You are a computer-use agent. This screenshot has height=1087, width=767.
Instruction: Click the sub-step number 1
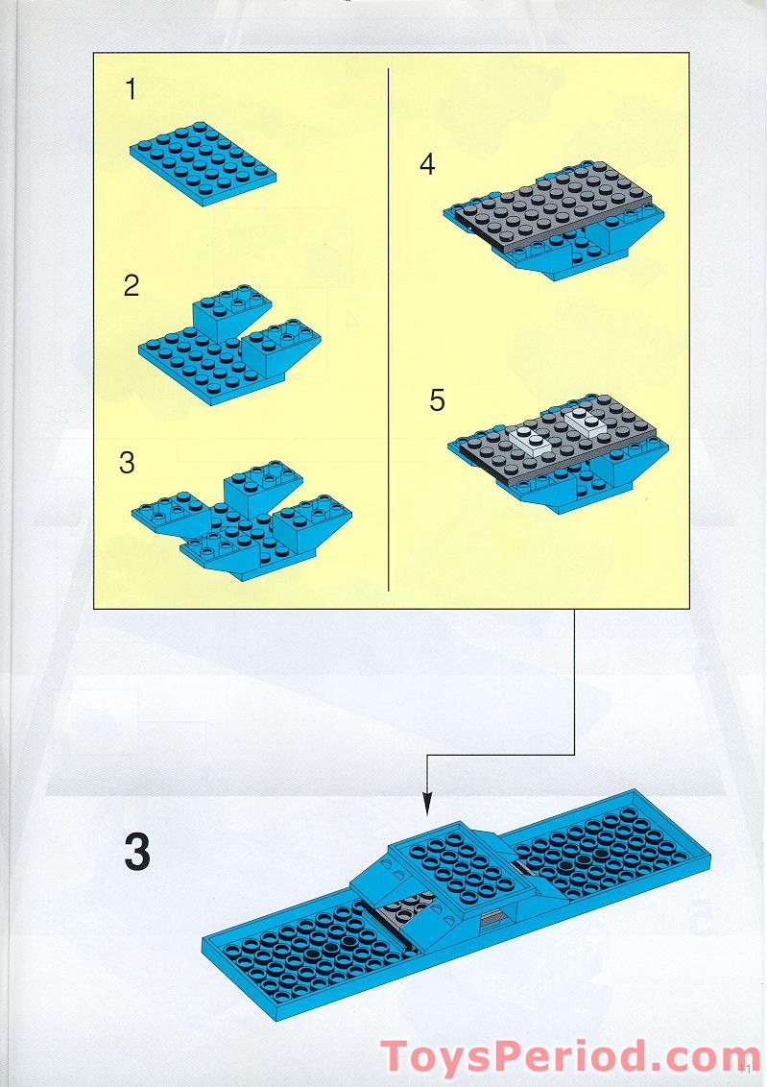coord(132,91)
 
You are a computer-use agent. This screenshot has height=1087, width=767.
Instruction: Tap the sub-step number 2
coord(132,285)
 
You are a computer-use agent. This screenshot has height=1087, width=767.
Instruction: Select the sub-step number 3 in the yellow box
coord(127,462)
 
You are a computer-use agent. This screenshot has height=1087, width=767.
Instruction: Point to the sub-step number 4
coord(427,165)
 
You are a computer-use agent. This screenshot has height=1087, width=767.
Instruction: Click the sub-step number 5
coord(438,399)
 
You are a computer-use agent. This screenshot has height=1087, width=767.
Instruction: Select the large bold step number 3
coord(137,853)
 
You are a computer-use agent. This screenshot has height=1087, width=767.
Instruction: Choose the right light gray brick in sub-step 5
coord(586,420)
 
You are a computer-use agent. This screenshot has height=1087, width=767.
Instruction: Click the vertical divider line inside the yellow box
coord(387,326)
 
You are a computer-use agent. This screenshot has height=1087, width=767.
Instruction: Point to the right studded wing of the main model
coord(605,845)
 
